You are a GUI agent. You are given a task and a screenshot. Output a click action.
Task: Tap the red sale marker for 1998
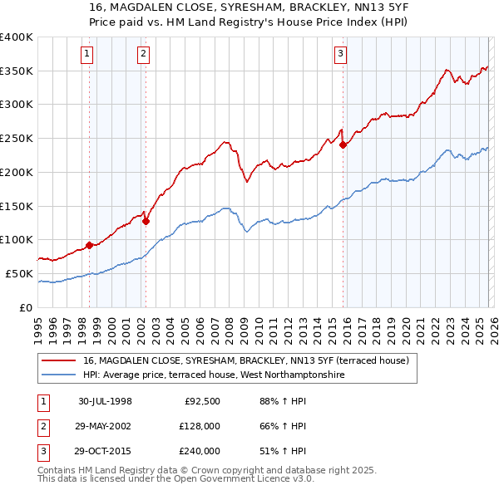coord(90,245)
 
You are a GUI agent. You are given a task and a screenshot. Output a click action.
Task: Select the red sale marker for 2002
coord(146,221)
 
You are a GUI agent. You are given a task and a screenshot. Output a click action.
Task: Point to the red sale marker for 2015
coord(343,145)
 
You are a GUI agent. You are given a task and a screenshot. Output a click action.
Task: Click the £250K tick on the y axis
coord(17,138)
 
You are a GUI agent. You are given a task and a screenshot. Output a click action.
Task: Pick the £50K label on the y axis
coord(20,273)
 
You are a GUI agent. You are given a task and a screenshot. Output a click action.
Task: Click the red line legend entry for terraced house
coord(245,361)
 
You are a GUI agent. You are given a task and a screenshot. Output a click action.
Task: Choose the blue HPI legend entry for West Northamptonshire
coord(213,375)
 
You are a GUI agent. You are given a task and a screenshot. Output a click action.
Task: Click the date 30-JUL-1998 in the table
coord(105,401)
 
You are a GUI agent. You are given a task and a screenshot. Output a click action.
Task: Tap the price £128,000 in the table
coord(200,426)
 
